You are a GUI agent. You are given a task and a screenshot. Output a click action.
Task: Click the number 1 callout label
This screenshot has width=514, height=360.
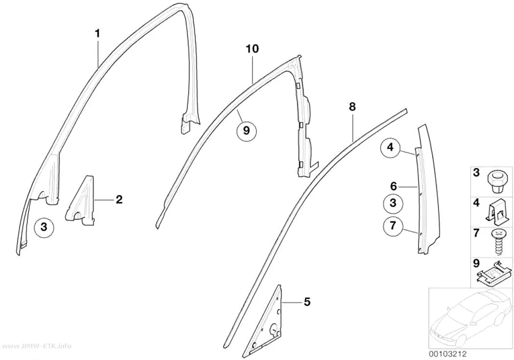[97, 33]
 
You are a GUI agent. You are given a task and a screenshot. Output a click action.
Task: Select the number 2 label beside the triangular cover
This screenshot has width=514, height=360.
[119, 199]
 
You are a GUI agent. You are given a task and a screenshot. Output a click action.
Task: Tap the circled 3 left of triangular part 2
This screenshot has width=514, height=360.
[44, 227]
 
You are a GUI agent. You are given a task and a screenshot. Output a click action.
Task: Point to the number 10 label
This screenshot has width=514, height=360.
[253, 49]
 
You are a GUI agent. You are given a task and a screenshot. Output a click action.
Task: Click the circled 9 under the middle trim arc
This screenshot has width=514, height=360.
[247, 130]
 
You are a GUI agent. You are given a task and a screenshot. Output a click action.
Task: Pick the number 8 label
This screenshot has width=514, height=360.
[352, 107]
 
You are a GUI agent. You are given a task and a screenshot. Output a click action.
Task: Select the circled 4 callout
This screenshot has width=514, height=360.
[390, 147]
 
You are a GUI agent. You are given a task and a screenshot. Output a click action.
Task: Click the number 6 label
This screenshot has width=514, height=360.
[394, 187]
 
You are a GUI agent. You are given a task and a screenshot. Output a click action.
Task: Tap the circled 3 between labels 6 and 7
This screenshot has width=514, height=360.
[393, 203]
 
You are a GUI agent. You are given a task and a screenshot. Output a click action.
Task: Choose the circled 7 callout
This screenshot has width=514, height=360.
[393, 226]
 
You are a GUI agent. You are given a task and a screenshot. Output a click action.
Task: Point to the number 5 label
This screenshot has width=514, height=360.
[307, 302]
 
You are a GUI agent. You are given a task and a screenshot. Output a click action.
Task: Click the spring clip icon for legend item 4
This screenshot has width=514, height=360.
[497, 212]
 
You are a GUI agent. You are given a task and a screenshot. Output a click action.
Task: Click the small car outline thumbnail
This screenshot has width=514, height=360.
[471, 318]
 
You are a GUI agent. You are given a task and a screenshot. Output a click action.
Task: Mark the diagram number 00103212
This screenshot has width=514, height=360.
[447, 354]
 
